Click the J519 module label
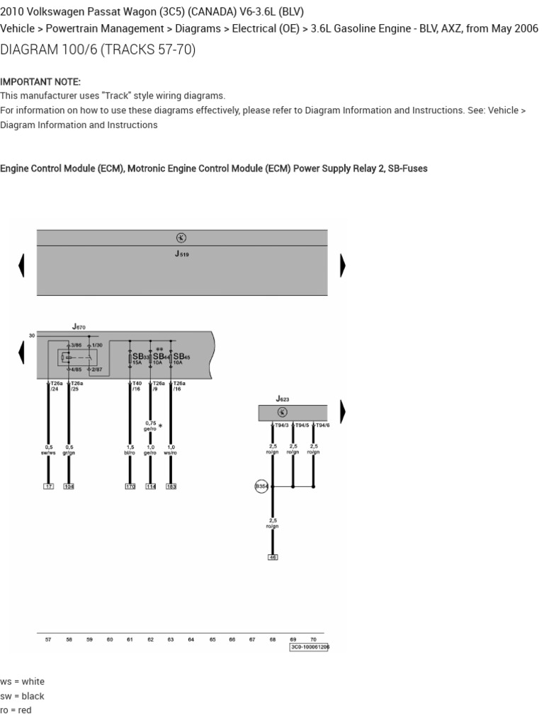coord(182,253)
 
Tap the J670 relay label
coord(79,327)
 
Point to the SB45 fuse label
coord(181,357)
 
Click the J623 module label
coord(283,399)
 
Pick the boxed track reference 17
coord(48,486)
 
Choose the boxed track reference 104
coord(69,486)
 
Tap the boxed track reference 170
coord(130,486)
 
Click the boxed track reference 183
coord(171,486)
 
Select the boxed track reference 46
coord(273,557)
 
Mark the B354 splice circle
coord(262,486)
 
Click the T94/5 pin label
coord(302,426)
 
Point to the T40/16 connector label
coord(137,386)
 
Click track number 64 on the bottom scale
coord(191,639)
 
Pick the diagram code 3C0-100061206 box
coord(310,646)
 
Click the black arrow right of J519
coord(343,265)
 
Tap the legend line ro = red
coord(16,710)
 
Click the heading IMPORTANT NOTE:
coord(40,81)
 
